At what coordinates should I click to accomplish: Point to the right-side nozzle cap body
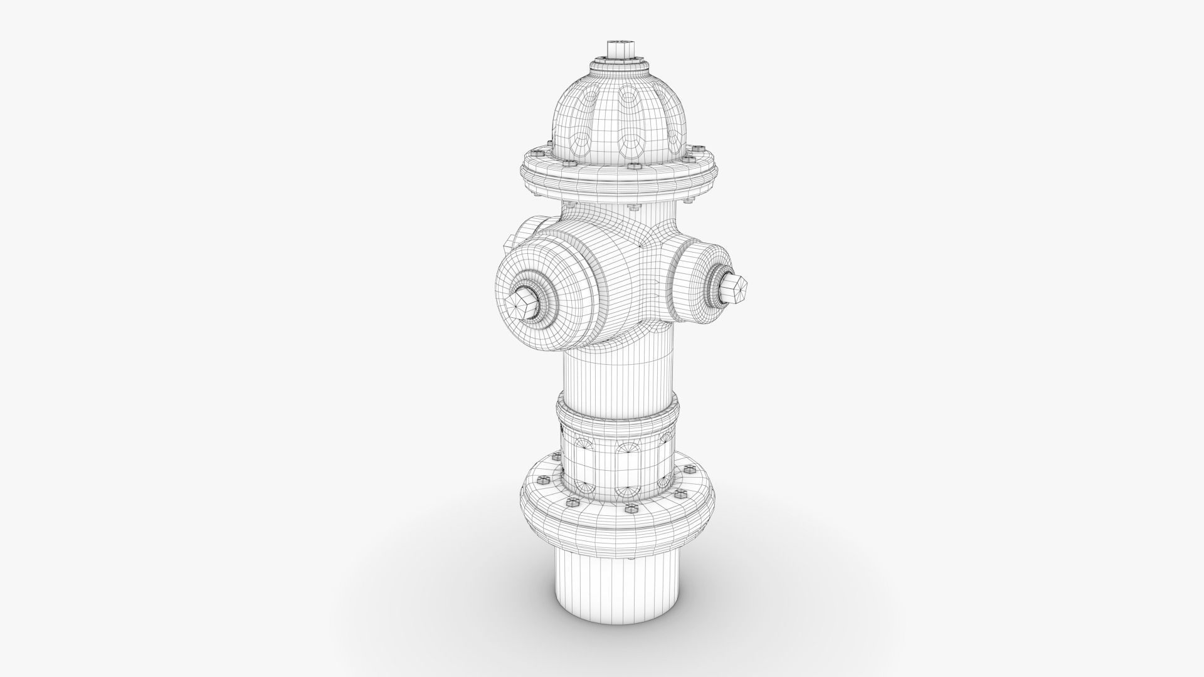click(x=696, y=282)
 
